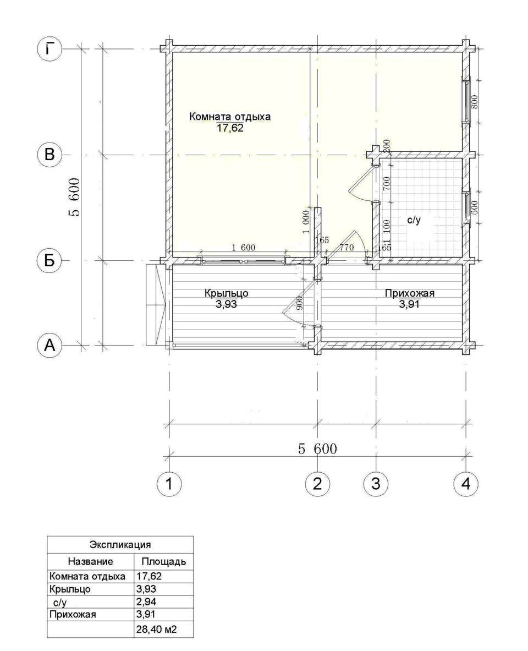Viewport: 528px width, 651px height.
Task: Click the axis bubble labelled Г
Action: (x=50, y=50)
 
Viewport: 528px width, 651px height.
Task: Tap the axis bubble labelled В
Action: (x=50, y=155)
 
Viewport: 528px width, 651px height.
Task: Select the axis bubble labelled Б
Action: (x=50, y=260)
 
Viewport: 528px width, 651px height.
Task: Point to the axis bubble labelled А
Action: (x=50, y=345)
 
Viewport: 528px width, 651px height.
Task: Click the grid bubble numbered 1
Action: (x=169, y=483)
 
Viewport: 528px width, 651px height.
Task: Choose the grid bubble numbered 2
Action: (x=317, y=483)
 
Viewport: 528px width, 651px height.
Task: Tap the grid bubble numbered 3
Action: (x=376, y=483)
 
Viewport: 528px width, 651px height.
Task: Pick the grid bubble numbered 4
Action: (x=466, y=483)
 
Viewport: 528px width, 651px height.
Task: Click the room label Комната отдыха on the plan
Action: (x=230, y=117)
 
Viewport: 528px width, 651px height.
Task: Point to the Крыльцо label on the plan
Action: (x=226, y=293)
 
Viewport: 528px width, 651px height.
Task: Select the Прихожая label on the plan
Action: (x=410, y=293)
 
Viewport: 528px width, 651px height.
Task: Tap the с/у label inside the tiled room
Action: (x=414, y=220)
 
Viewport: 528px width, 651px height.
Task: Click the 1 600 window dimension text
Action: (x=243, y=248)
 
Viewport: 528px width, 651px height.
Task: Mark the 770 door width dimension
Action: (x=346, y=248)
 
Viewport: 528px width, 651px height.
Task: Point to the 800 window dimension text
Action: (x=476, y=102)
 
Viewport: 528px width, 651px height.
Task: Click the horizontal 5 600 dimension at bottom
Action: (x=317, y=449)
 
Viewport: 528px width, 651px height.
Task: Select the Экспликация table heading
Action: (x=120, y=544)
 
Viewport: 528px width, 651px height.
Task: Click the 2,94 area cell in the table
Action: (x=146, y=601)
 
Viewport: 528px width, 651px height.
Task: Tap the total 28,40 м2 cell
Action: (x=157, y=630)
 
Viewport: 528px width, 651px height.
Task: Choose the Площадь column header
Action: (x=163, y=562)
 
